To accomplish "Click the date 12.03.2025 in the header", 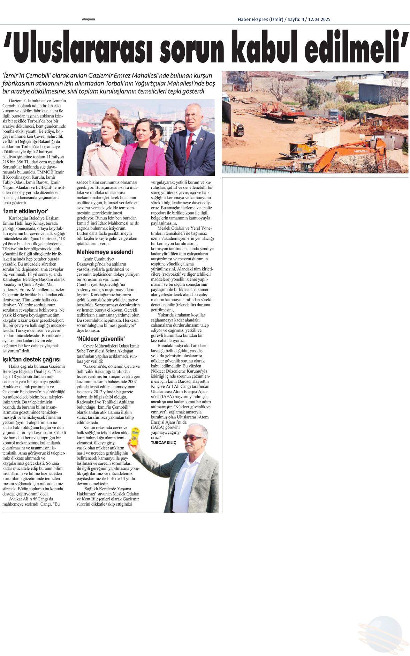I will [x=319, y=20].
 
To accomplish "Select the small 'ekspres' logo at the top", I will [x=89, y=20].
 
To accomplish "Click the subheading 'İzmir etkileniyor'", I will [x=25, y=211].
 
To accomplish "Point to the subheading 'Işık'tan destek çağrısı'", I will [x=32, y=359].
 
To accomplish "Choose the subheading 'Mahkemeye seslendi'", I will [x=105, y=252].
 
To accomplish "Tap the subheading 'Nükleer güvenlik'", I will [x=101, y=339].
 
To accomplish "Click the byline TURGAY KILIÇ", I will [x=164, y=442].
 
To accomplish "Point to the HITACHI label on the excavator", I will [x=361, y=151].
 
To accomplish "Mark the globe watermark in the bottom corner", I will [x=384, y=633].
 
